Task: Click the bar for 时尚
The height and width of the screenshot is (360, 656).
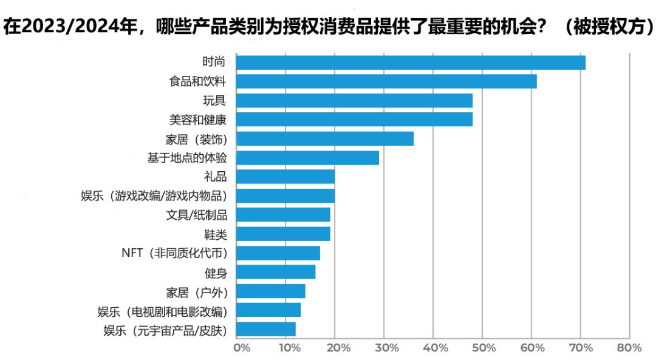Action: point(411,63)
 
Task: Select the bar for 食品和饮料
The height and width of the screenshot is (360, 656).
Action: point(386,81)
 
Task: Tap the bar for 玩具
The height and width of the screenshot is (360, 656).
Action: point(354,100)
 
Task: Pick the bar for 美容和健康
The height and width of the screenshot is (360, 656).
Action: point(354,119)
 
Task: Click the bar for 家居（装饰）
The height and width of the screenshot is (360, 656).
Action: point(324,138)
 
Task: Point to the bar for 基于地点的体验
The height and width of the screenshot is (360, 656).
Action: point(307,158)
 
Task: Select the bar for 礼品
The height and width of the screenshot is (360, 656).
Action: point(285,177)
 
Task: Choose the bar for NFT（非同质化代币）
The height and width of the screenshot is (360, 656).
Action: point(278,253)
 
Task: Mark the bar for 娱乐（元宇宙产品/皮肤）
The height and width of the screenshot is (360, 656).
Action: point(265,330)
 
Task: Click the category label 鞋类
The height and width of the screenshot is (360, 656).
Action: point(215,234)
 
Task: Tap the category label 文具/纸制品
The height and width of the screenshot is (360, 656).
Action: point(197,215)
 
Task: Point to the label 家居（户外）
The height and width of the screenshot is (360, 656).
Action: point(197,292)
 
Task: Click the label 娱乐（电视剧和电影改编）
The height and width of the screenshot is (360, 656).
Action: point(162,311)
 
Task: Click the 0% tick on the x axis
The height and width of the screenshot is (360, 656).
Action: point(242,348)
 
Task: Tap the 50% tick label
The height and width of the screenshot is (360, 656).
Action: point(484,348)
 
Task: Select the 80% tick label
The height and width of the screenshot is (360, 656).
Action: point(629,348)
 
